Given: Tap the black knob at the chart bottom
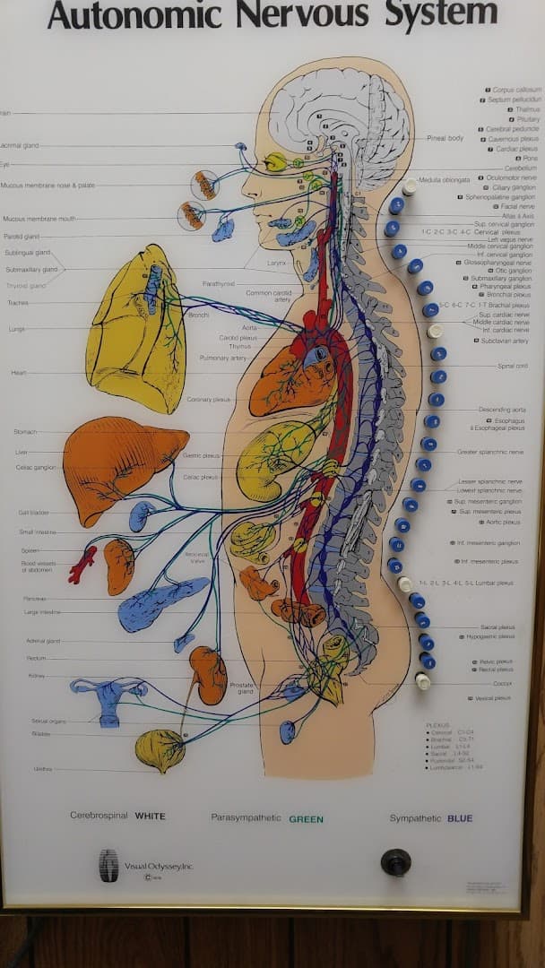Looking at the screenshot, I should coord(395,861).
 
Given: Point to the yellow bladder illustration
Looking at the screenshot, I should coord(160,748).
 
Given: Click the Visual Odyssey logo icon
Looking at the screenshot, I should coord(108,866).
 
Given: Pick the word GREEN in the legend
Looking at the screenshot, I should coord(306,819).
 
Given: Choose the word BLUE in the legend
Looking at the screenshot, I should coord(459,818).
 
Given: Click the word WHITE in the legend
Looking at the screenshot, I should coord(150,817).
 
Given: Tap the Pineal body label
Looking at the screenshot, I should coord(445,138).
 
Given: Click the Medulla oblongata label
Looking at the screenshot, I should coord(444,179).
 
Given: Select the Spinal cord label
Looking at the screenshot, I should coord(513,366).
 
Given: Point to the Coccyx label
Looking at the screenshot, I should coord(502,684).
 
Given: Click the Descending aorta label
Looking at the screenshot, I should coord(503,410).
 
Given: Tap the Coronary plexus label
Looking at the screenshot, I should coord(208,400).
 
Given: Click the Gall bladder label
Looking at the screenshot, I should coord(33,514).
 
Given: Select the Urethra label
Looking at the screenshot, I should coord(42,769).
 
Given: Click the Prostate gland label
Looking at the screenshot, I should coord(242,688).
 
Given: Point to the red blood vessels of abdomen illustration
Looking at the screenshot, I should coord(82,565).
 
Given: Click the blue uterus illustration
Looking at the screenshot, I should coord(109,697).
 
